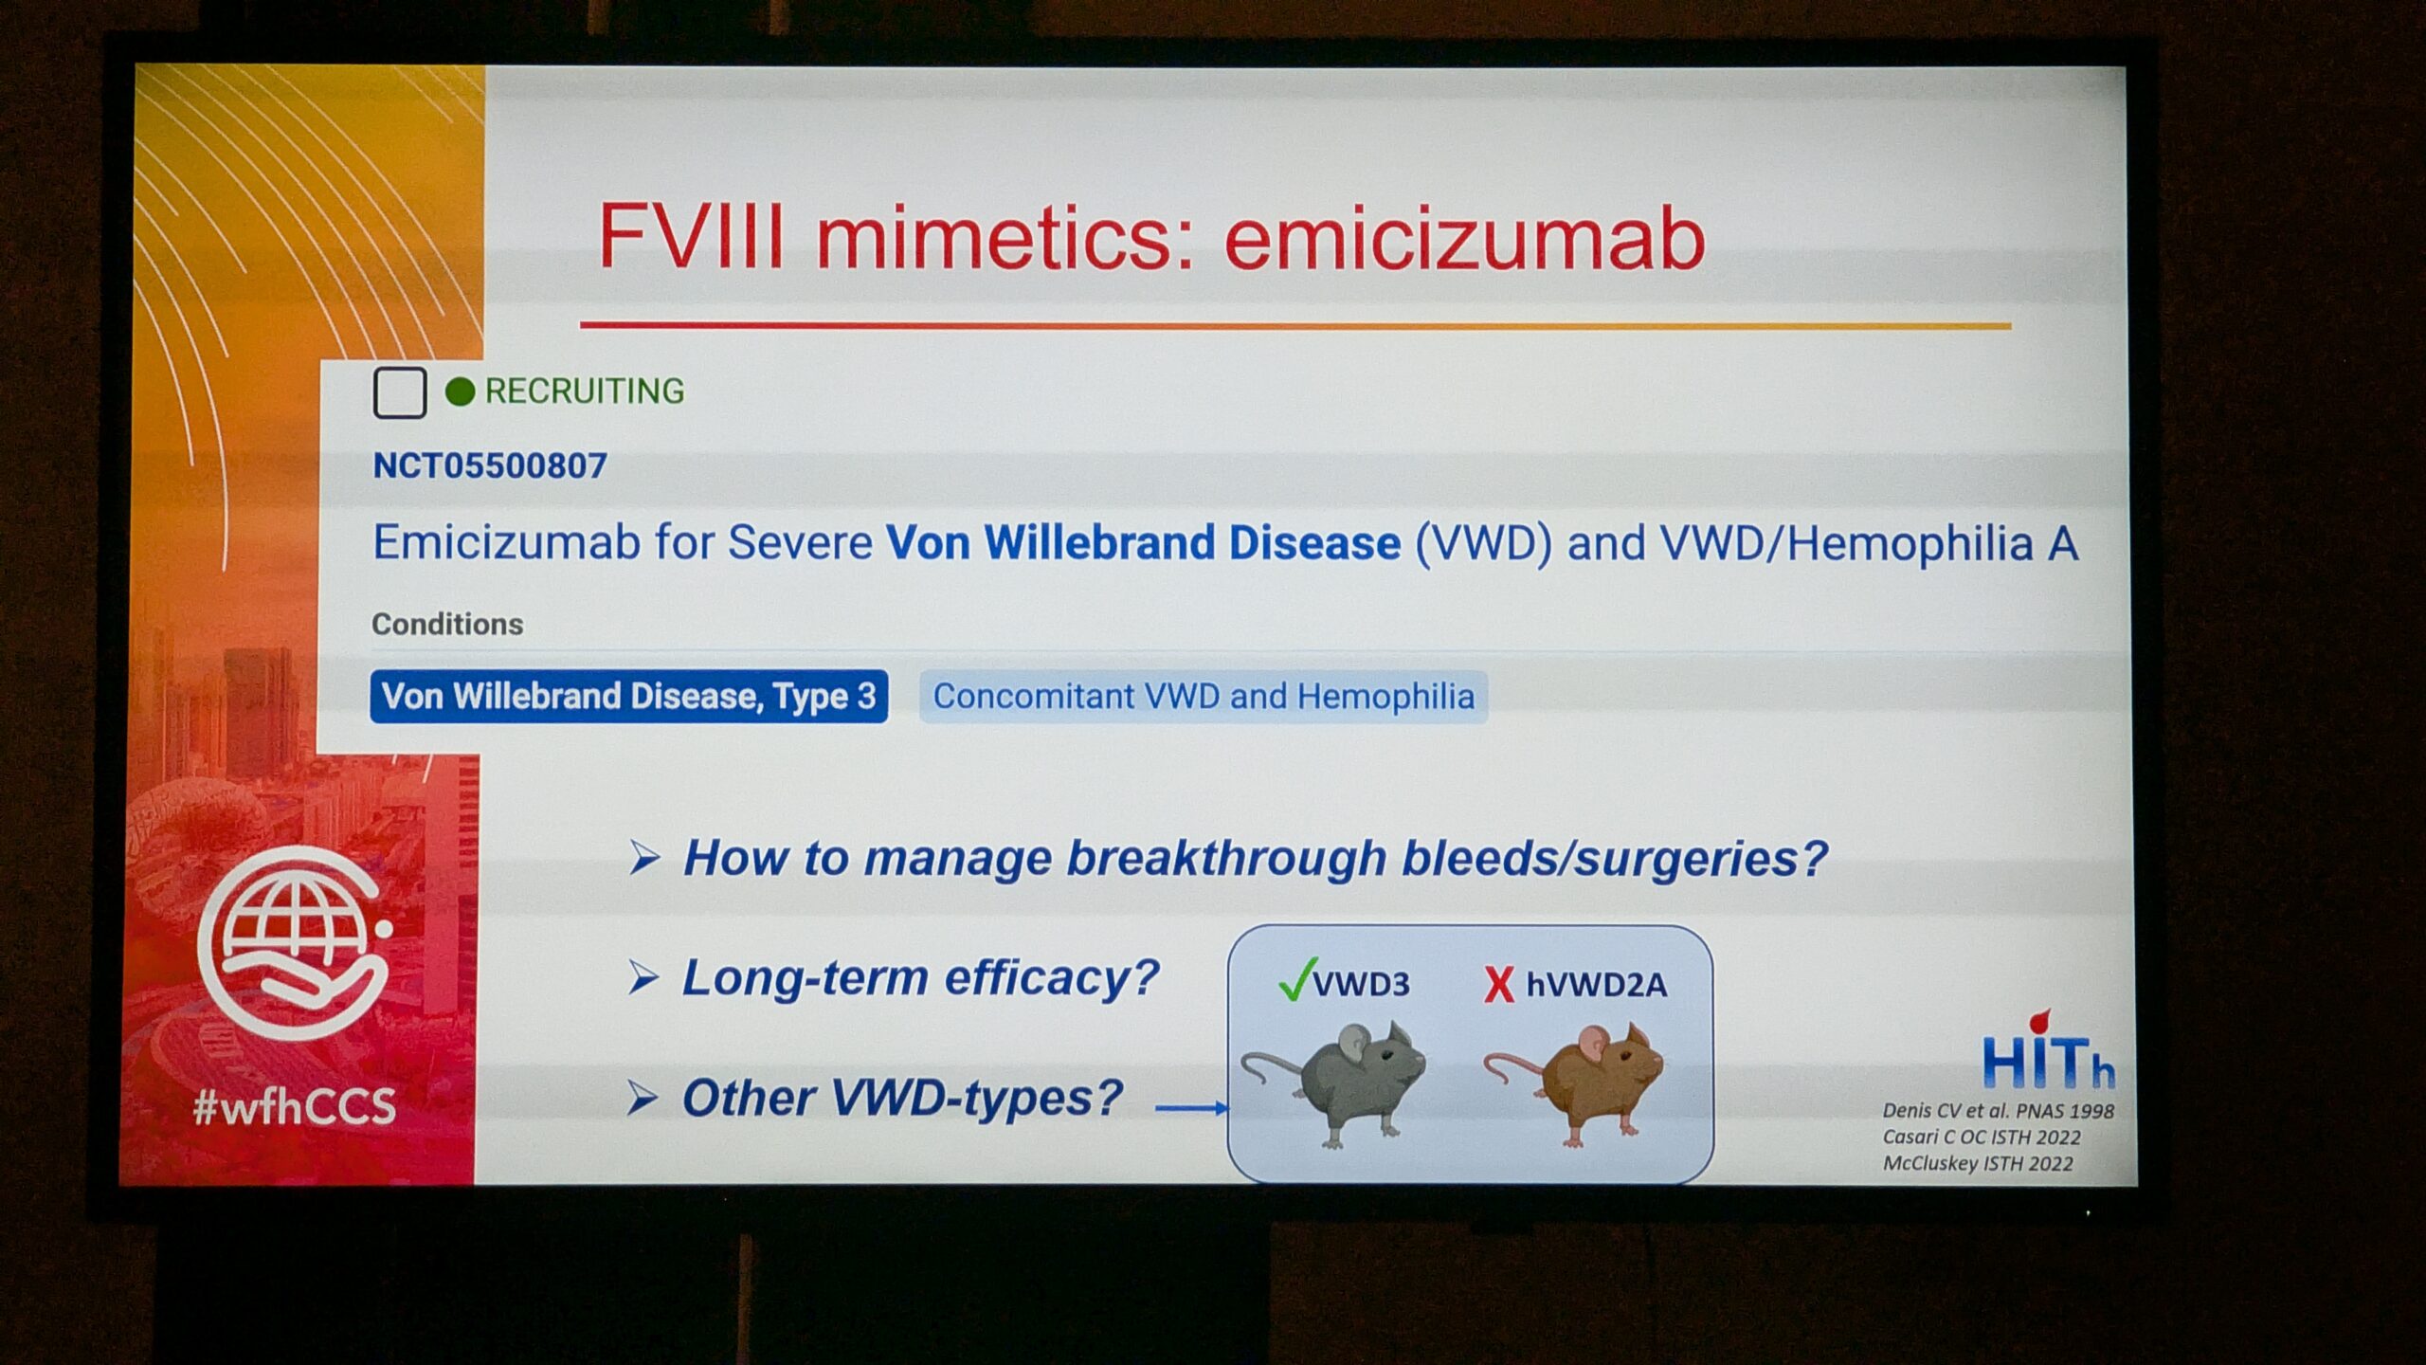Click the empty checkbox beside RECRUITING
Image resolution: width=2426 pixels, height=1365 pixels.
(399, 392)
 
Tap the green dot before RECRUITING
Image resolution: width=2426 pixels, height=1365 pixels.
(460, 391)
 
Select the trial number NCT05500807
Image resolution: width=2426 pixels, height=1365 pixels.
(490, 465)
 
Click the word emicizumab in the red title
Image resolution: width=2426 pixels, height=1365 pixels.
(1464, 238)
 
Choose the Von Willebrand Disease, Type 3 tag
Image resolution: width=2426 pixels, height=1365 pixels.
(628, 697)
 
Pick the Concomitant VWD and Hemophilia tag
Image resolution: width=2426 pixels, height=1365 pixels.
(1204, 697)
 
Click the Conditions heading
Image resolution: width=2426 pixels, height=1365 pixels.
(447, 624)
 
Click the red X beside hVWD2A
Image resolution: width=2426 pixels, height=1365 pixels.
(1499, 985)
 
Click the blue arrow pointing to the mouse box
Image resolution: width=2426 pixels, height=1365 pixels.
(1192, 1107)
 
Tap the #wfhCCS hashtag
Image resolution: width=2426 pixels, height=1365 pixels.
(294, 1106)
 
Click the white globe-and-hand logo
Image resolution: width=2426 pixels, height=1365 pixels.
(294, 942)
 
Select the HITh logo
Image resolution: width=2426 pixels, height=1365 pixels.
(2048, 1052)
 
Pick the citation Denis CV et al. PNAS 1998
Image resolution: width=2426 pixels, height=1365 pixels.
(1999, 1110)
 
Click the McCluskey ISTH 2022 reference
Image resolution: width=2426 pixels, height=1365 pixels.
(1978, 1163)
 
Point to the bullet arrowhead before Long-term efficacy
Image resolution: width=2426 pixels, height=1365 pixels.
(643, 977)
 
